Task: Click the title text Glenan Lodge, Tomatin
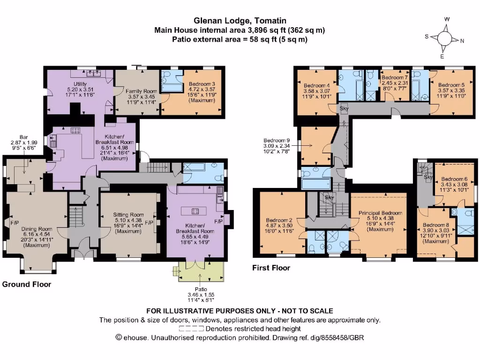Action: click(240, 21)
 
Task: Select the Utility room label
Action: click(80, 83)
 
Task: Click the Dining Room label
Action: click(37, 229)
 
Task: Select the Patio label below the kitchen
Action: click(201, 289)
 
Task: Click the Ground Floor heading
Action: click(27, 284)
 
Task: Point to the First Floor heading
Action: click(271, 268)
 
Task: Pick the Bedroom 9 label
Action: click(277, 140)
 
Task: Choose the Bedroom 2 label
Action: click(279, 220)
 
